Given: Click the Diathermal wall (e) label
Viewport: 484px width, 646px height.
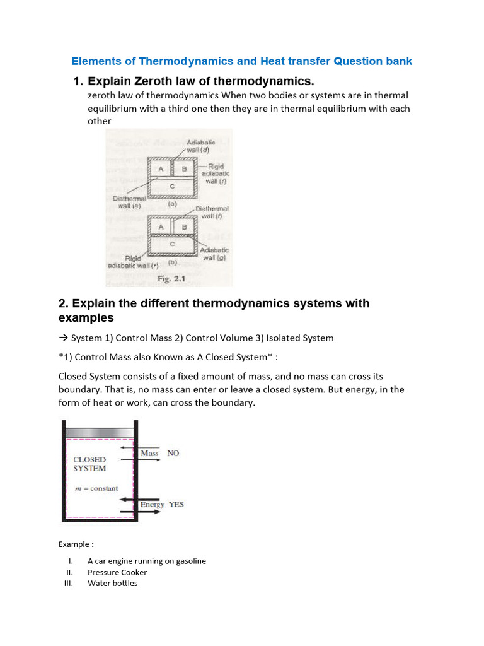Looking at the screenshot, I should (x=129, y=201).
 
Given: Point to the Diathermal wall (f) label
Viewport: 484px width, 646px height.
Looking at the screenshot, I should (x=212, y=212).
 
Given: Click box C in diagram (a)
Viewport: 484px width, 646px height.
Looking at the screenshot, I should (x=171, y=186).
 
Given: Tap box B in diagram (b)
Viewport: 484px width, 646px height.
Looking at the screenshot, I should (x=185, y=227).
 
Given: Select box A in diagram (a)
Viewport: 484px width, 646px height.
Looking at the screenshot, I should (x=161, y=169).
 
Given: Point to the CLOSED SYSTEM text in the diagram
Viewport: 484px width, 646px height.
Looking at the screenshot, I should (x=90, y=464).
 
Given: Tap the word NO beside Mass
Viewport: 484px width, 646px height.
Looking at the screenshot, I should (x=173, y=453).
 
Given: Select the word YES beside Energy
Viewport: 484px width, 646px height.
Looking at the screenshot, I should (x=176, y=504).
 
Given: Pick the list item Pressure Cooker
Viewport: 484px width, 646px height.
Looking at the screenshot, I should (x=117, y=572).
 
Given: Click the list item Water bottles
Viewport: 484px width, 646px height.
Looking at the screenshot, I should (x=112, y=583).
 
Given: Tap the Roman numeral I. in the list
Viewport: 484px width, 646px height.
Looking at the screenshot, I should (x=71, y=561).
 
